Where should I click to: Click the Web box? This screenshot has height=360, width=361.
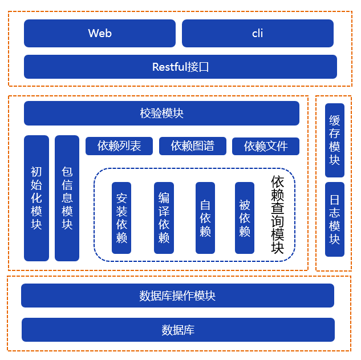coord(100,33)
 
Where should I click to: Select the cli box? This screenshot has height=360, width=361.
coord(257,33)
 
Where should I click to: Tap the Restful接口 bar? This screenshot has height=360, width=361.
coord(180,67)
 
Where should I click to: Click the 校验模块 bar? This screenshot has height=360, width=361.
coord(161,113)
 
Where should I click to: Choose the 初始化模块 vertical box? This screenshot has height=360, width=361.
coord(36,198)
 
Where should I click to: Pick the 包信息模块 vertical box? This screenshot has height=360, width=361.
coord(67,198)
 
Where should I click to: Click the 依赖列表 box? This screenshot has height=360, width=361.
coord(119,146)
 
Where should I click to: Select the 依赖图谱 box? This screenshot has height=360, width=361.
coord(192,146)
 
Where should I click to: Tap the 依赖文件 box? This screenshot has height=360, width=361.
coord(266,146)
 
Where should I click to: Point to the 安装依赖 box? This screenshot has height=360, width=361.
coord(121,218)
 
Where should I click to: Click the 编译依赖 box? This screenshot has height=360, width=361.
coord(164,218)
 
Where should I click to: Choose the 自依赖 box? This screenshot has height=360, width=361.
coord(205,218)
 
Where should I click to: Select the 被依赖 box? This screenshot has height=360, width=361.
coord(245,218)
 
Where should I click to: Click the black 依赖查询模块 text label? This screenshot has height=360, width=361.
coord(278,215)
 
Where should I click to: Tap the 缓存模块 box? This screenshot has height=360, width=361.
coord(335,140)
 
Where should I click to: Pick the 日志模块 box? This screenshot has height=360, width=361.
coord(335,220)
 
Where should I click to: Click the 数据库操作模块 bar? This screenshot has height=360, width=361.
coord(177,296)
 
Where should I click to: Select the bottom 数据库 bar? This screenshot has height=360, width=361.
coord(178,330)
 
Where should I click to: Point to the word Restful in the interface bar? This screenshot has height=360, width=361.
coord(170,67)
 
